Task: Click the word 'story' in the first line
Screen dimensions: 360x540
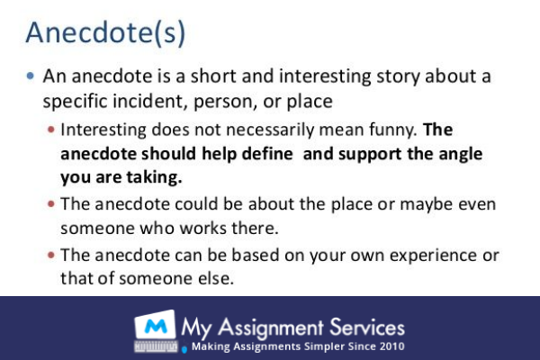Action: click(353, 76)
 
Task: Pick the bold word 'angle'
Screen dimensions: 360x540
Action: click(455, 153)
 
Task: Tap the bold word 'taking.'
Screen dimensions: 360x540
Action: click(148, 176)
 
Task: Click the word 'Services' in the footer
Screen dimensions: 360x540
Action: click(370, 326)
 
